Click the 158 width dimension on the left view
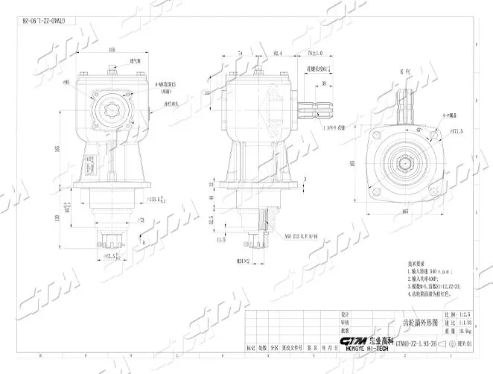(x=112, y=50)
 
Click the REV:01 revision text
(x=463, y=344)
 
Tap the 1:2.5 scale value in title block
(x=466, y=315)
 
